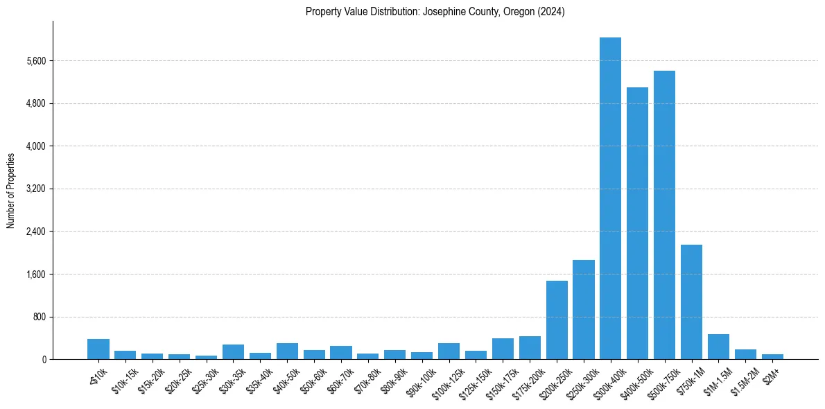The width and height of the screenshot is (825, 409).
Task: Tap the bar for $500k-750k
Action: click(664, 215)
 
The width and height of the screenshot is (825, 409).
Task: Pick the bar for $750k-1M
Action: click(691, 302)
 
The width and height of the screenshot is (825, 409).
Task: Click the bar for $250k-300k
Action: click(583, 309)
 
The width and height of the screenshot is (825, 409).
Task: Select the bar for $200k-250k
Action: click(557, 320)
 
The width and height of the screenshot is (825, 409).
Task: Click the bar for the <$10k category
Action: click(98, 349)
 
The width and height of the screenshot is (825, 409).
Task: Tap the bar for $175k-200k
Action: click(530, 347)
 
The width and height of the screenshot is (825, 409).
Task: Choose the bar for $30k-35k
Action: click(233, 351)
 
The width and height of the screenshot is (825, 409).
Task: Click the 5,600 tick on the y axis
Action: click(34, 61)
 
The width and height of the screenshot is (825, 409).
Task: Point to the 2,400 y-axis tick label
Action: click(34, 232)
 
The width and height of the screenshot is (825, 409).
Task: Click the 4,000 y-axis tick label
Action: click(34, 146)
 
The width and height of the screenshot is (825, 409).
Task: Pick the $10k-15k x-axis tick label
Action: click(125, 380)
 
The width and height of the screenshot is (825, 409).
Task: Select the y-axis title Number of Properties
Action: click(10, 190)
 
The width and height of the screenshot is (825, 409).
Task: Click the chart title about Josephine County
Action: click(435, 12)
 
